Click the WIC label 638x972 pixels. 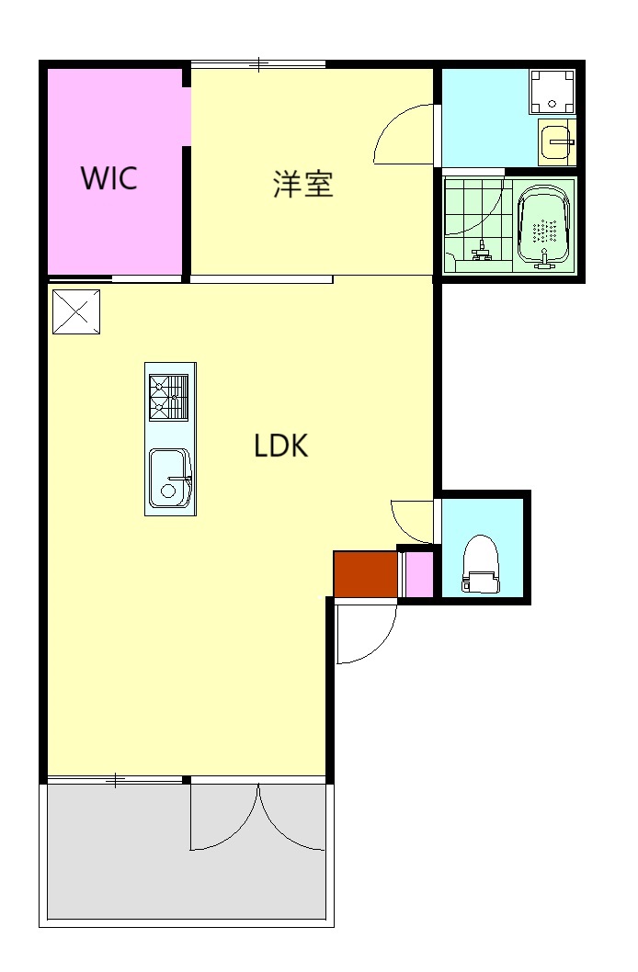(x=108, y=178)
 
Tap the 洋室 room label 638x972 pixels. (x=303, y=184)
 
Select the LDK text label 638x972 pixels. (x=281, y=446)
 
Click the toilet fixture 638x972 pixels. (x=481, y=563)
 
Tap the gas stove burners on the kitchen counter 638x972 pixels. (x=168, y=398)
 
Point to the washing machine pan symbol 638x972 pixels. (x=552, y=91)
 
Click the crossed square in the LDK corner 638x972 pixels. (x=76, y=311)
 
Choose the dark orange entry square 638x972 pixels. (x=365, y=574)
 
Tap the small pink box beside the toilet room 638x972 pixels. (x=418, y=574)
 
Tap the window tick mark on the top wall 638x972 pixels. (x=259, y=63)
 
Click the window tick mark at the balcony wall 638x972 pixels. (x=115, y=780)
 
